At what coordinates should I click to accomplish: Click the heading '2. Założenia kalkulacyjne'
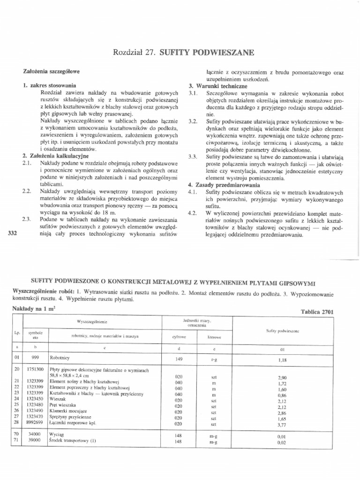(52, 155)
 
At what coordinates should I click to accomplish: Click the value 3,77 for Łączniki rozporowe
(282, 426)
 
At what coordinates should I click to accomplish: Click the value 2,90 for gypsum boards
(282, 377)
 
